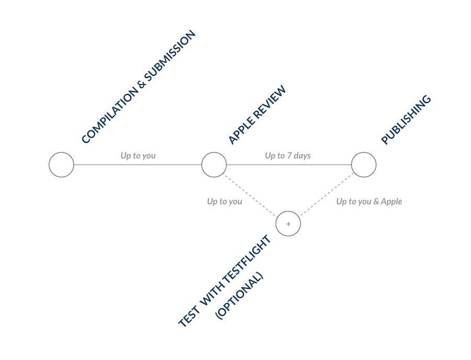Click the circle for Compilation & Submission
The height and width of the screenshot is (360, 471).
pyautogui.click(x=61, y=164)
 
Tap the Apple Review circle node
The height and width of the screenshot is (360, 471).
pyautogui.click(x=214, y=164)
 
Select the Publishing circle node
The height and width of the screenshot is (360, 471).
pyautogui.click(x=364, y=164)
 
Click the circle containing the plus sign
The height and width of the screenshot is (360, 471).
pyautogui.click(x=288, y=223)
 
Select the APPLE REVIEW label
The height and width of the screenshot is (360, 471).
pyautogui.click(x=257, y=115)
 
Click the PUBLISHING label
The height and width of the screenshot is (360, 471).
pyautogui.click(x=406, y=120)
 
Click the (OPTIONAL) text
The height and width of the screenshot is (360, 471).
pyautogui.click(x=239, y=296)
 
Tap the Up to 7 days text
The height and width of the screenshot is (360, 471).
pyautogui.click(x=288, y=155)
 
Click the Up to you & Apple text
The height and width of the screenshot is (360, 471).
pyautogui.click(x=369, y=201)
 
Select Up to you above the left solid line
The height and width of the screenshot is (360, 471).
pyautogui.click(x=138, y=155)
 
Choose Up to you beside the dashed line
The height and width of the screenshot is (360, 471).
pyautogui.click(x=225, y=201)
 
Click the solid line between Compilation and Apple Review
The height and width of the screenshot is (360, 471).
pyautogui.click(x=138, y=164)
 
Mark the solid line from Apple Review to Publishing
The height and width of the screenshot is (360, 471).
pyautogui.click(x=289, y=164)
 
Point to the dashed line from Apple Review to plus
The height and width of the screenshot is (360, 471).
pyautogui.click(x=251, y=195)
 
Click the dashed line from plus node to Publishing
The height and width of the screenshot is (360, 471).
pyautogui.click(x=327, y=194)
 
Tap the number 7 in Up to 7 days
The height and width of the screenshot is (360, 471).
pyautogui.click(x=289, y=155)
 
